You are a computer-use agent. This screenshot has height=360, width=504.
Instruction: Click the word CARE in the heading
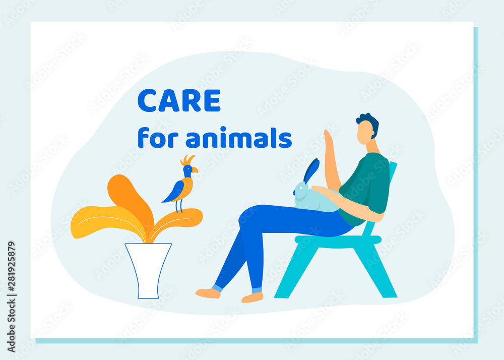tap(179, 100)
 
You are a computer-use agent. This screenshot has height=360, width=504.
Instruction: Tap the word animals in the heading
tap(239, 137)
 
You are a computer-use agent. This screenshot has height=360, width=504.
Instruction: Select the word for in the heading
tap(158, 137)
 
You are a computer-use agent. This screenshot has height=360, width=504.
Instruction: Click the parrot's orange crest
tap(187, 160)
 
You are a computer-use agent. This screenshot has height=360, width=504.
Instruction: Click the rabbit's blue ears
tap(311, 170)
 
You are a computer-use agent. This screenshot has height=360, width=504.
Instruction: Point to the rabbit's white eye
tap(301, 188)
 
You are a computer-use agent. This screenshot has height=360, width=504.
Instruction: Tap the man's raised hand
tap(329, 139)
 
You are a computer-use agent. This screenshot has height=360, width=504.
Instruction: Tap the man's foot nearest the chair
tap(253, 297)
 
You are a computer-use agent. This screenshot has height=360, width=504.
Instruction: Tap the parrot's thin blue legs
tap(179, 205)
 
